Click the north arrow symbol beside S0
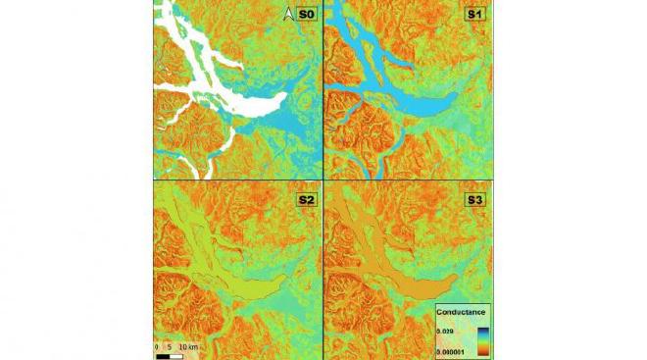(x=288, y=13)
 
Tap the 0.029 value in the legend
(x=449, y=330)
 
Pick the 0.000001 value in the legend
(x=454, y=348)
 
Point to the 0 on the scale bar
(x=157, y=346)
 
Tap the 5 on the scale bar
(x=171, y=346)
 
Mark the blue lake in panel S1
(x=412, y=98)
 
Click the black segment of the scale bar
(x=164, y=355)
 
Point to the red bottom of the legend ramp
(x=482, y=350)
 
